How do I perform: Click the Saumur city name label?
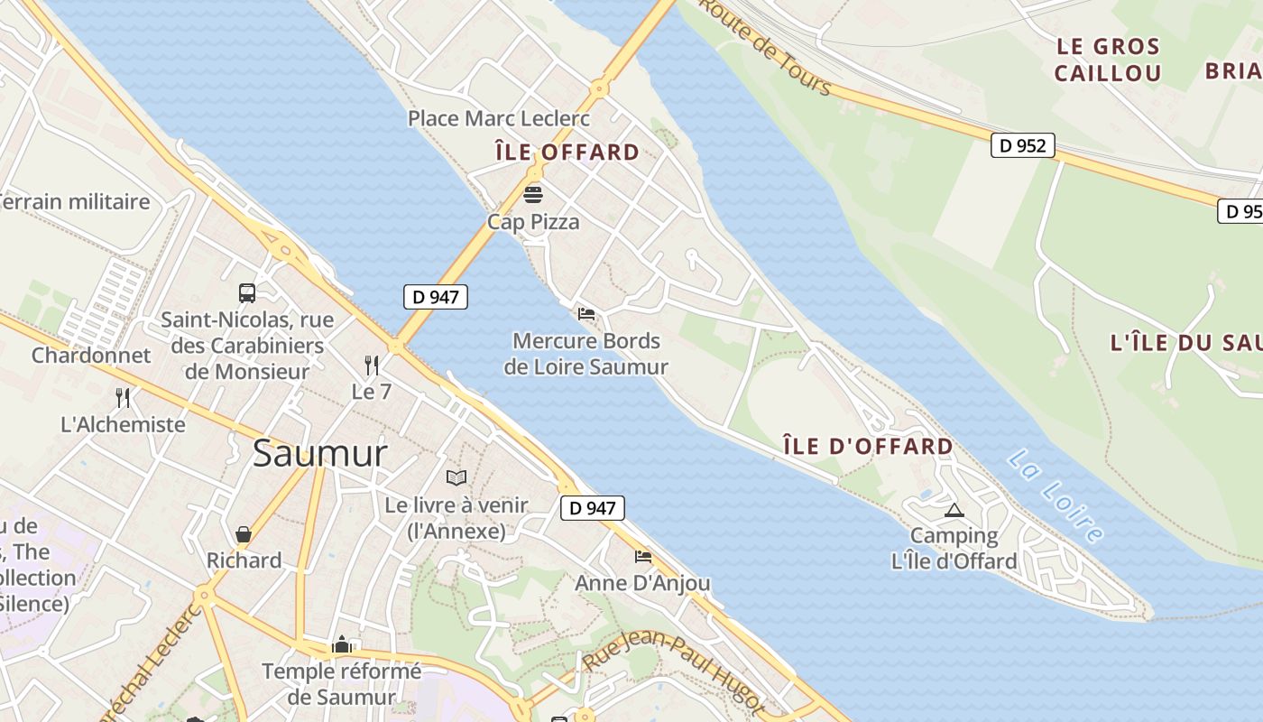pos(320,453)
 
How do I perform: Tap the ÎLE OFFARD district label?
pos(567,152)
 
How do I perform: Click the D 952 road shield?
pos(1023,144)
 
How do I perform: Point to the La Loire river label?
pos(1056,496)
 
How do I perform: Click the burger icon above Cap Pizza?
pos(533,194)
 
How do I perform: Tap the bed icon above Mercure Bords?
pos(586,314)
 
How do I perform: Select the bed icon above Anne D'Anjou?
pos(643,556)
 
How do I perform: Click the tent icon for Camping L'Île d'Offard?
pos(954,510)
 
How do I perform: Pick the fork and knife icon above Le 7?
pos(371,365)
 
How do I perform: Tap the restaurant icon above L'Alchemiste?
pos(123,397)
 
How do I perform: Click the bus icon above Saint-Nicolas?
pos(247,292)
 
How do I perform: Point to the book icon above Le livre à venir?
pos(456,477)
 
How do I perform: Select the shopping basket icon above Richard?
pos(244,534)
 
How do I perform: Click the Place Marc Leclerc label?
pos(499,118)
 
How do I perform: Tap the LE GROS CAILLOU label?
pos(1107,60)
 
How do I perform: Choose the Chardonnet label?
pos(91,355)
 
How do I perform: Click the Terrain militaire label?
pos(76,201)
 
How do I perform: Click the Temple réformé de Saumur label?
pos(342,684)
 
